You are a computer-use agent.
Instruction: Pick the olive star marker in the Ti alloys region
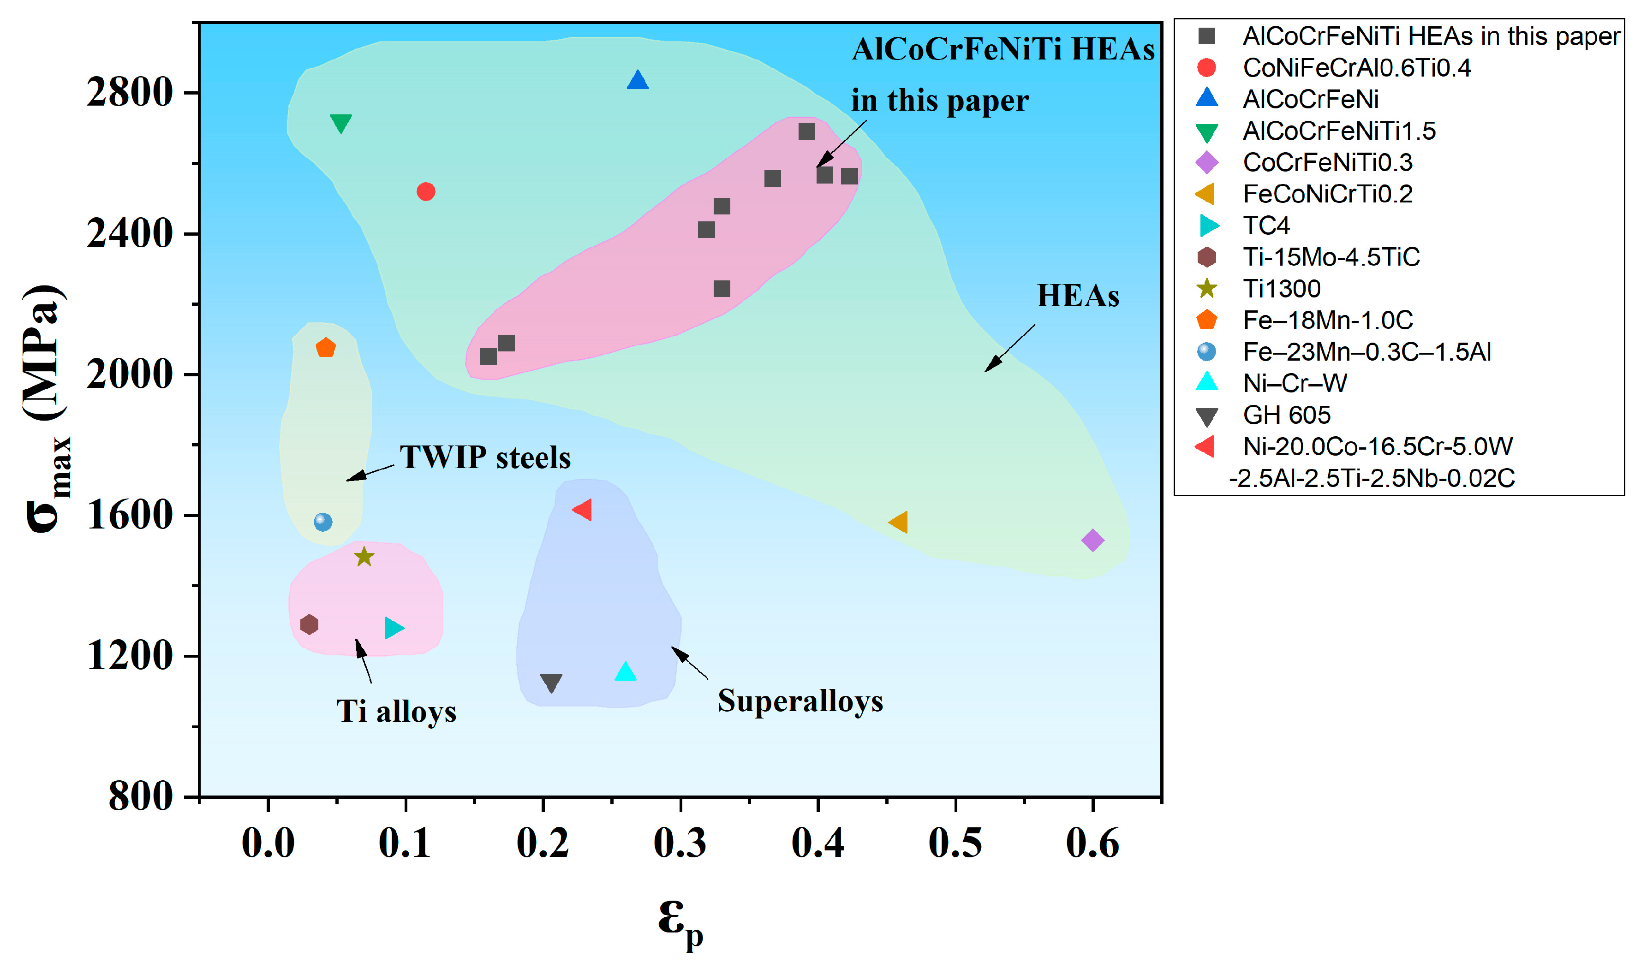pos(364,557)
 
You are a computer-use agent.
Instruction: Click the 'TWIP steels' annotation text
pos(485,457)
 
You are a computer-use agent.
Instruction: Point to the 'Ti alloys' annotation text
pos(396,712)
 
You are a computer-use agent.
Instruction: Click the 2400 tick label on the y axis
pos(129,233)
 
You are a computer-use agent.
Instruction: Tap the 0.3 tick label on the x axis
pos(680,843)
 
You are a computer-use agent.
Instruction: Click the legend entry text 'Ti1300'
pos(1281,289)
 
